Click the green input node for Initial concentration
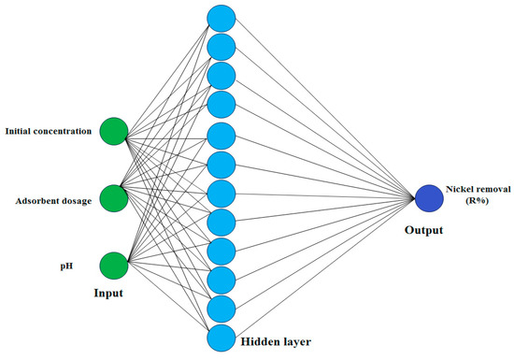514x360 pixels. [113, 131]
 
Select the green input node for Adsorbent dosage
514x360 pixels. [113, 198]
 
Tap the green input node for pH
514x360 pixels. [113, 265]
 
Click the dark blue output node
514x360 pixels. [429, 197]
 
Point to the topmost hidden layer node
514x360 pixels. [221, 17]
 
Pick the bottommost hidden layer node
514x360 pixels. [221, 338]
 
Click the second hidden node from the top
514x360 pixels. [221, 46]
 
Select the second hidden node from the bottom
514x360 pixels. [221, 309]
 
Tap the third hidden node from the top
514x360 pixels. [221, 75]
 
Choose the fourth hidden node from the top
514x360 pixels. [221, 104]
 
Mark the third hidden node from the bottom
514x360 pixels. [221, 279]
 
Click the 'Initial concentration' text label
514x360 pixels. [48, 131]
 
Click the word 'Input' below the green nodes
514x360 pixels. [108, 293]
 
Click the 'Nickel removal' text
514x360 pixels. [478, 190]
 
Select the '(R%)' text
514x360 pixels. [478, 203]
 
